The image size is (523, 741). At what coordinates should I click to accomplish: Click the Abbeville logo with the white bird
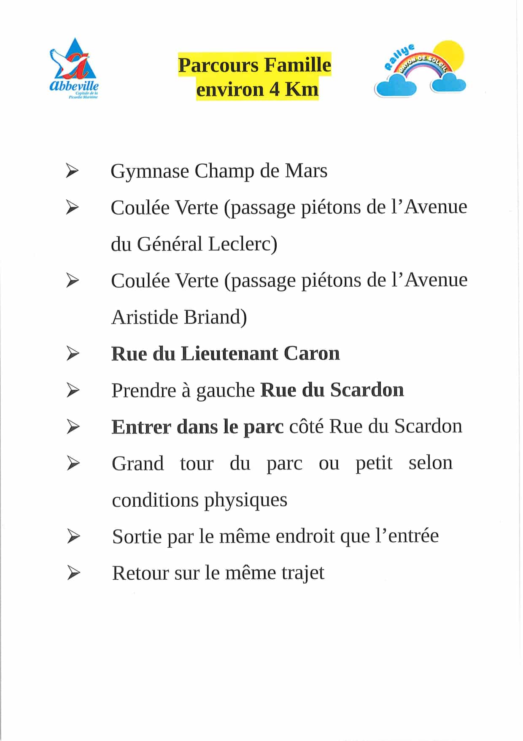click(x=74, y=68)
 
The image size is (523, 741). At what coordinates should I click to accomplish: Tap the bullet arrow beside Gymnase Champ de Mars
click(x=73, y=171)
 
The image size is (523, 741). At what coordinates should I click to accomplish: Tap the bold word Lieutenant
click(x=229, y=354)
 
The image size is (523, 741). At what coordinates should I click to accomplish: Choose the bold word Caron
click(x=312, y=354)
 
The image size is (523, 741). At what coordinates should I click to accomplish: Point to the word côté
click(x=306, y=426)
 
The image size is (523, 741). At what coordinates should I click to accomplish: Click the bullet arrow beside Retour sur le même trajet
click(x=73, y=573)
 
